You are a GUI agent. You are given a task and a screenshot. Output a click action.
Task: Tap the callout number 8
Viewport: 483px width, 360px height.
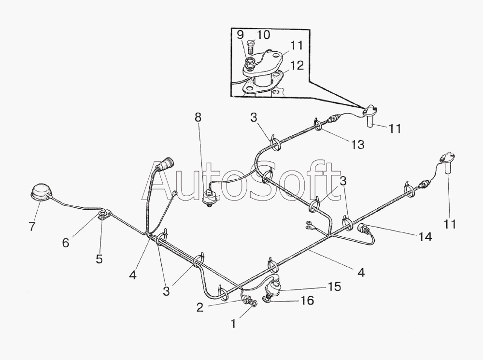point(198,117)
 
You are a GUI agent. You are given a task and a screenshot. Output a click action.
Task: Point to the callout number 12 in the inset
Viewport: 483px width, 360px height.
point(297,65)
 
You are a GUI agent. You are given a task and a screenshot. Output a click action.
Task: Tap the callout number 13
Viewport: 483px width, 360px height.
point(357,144)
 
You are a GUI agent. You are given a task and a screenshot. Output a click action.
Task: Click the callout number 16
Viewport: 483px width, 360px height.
point(307,300)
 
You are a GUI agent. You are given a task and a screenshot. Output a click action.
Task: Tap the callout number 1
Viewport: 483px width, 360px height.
point(233,324)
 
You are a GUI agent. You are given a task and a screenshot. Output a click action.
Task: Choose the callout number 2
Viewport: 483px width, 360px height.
point(200,307)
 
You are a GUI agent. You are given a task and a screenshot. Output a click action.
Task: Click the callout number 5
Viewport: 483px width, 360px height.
point(99,259)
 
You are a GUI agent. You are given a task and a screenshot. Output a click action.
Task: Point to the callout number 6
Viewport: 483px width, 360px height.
point(66,243)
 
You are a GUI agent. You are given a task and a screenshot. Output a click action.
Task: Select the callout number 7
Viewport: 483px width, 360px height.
point(32,226)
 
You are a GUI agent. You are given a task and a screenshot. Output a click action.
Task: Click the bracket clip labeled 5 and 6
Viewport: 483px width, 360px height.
point(102,214)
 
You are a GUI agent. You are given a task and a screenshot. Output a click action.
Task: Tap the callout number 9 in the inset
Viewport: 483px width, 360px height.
point(240,34)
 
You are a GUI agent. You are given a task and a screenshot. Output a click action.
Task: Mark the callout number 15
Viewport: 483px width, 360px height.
point(334,287)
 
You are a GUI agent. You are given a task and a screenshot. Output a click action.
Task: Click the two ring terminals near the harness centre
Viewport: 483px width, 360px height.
point(308,225)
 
